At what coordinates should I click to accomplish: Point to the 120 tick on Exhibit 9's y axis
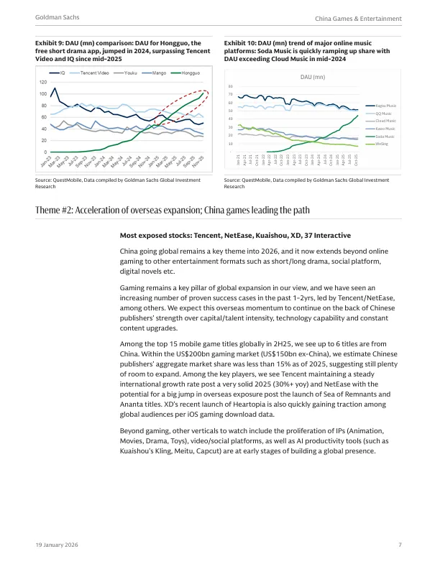[x=43, y=83]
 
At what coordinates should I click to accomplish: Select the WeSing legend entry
[x=381, y=144]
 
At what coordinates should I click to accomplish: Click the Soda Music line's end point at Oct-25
[x=357, y=115]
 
